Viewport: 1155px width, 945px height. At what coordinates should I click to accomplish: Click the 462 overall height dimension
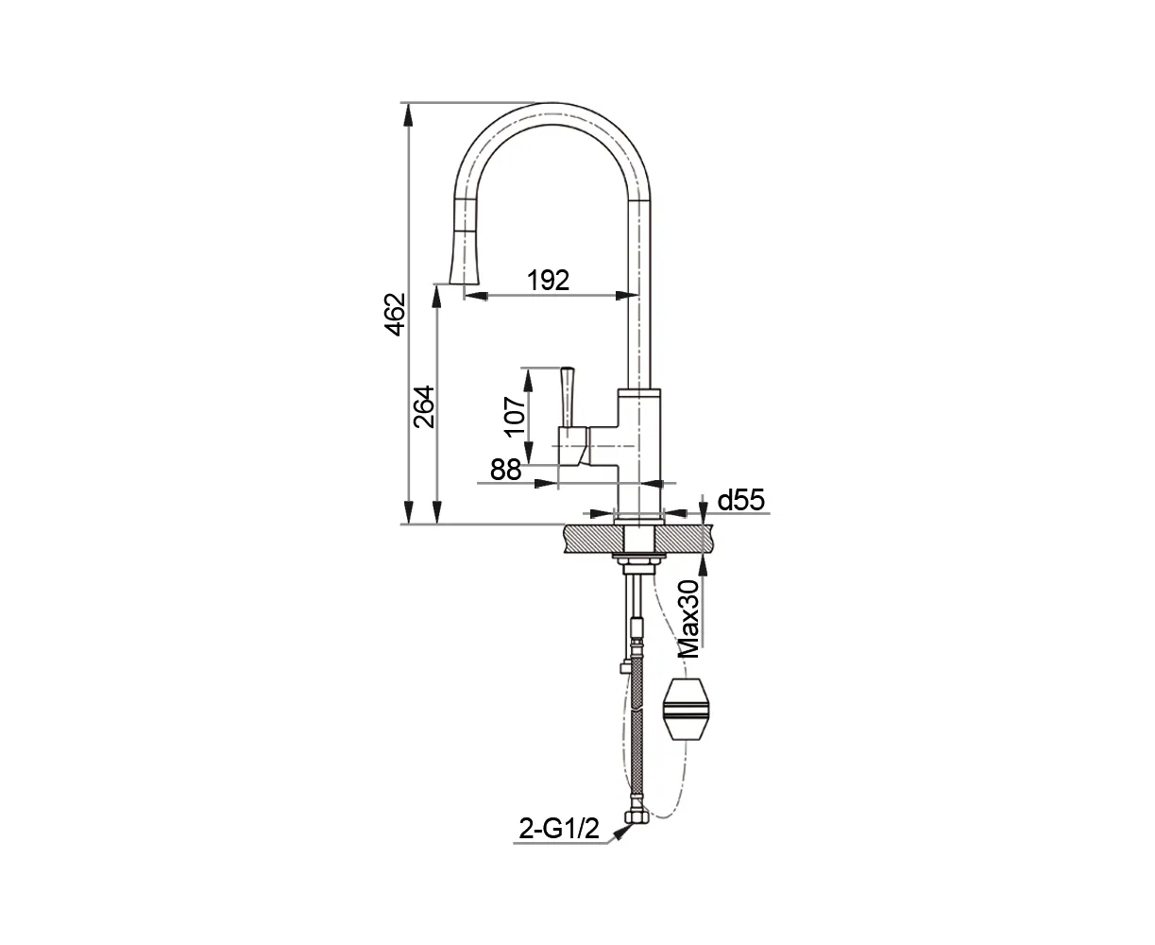click(396, 314)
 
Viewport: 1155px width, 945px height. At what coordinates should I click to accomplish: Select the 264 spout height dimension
click(424, 407)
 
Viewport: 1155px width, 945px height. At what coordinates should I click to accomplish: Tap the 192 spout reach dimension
click(548, 280)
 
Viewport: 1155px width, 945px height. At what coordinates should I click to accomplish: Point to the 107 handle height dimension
click(516, 417)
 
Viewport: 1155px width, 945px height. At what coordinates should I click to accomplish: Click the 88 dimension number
click(505, 470)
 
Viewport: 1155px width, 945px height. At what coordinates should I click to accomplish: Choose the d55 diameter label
click(740, 500)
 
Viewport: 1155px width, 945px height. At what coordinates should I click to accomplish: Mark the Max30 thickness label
click(689, 619)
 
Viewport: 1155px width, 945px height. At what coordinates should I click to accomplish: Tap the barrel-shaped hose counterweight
click(684, 710)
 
